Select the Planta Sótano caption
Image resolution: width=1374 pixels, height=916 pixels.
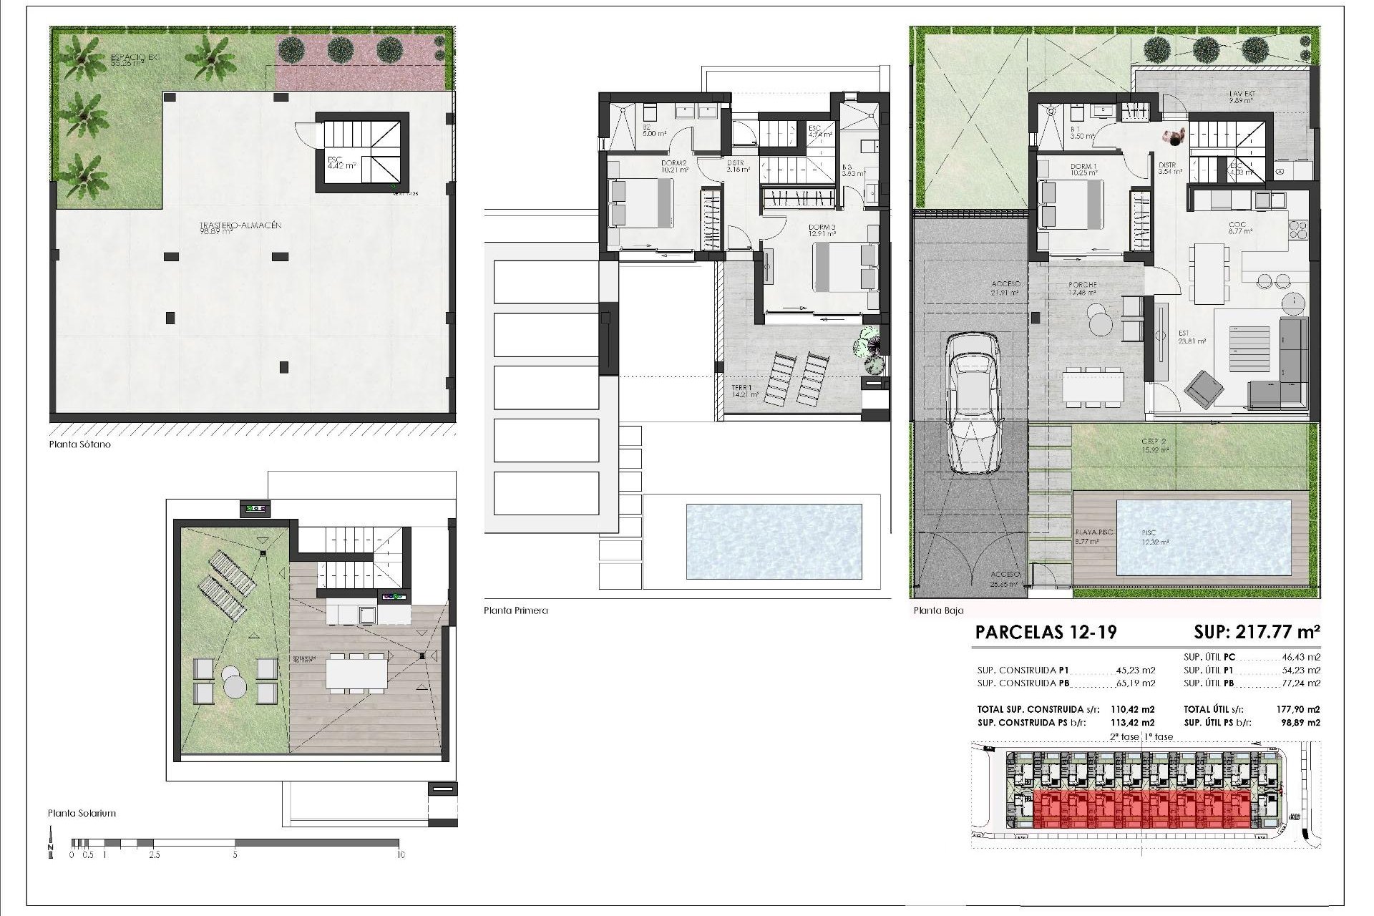point(79,444)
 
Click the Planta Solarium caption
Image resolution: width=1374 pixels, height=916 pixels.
point(82,814)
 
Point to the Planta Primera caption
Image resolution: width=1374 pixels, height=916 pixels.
point(515,611)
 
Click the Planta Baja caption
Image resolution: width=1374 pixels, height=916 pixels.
point(938,611)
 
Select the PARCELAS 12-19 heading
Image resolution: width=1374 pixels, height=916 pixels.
point(1046,633)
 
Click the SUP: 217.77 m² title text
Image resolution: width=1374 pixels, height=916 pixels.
point(1257,632)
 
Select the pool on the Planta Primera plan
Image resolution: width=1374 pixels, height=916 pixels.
point(774,542)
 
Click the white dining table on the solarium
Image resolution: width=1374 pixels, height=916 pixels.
point(357,673)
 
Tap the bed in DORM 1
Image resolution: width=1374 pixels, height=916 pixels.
point(1071,205)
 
